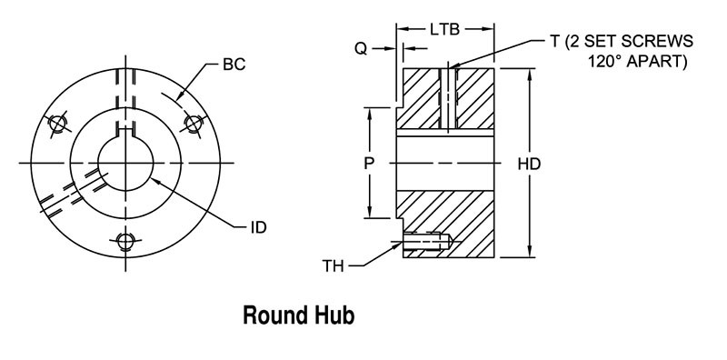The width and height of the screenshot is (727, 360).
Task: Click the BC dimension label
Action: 234,65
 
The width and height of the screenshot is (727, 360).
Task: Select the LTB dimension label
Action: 446,29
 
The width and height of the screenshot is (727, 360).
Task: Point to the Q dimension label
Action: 361,49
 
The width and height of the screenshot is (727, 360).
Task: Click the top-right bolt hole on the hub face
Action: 193,122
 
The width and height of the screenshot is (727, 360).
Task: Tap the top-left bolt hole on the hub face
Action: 59,123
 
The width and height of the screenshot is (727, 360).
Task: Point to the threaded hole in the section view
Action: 427,242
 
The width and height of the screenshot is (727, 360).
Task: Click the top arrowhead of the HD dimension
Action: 529,70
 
